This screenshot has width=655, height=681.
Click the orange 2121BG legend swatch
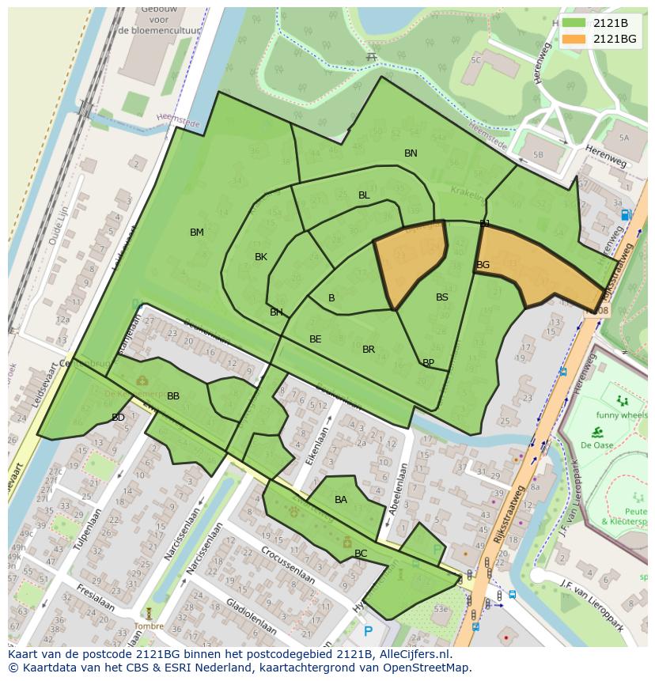574,39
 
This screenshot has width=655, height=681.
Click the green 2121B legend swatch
574,23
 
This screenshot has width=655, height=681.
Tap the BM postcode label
197,233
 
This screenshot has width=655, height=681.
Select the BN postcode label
411,153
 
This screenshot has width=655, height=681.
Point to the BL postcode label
364,195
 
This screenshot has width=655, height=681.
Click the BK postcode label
261,257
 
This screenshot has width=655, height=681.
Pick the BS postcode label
442,297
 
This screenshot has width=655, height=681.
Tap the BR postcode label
369,350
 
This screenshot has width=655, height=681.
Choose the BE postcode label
316,339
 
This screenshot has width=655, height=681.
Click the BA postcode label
341,500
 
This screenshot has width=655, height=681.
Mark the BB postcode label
173,396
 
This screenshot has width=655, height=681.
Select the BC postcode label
361,554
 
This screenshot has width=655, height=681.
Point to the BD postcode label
118,418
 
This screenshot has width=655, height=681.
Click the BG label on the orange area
483,265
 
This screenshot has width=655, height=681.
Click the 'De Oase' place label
597,445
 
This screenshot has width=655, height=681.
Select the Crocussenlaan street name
289,569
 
